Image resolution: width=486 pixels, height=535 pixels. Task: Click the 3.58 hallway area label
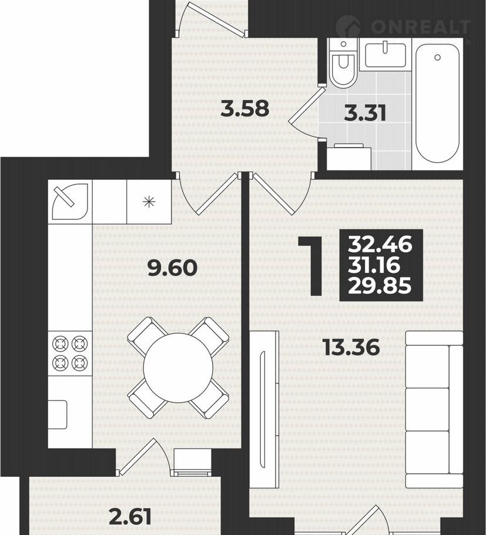245,109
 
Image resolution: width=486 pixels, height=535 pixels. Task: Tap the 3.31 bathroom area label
365,113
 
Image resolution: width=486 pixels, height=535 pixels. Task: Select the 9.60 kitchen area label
173,267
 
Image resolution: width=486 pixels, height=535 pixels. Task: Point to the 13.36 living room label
351,347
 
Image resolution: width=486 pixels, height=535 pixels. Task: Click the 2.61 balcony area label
130,517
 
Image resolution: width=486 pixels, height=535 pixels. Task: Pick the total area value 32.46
380,245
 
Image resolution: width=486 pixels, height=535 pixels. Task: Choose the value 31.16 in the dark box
374,265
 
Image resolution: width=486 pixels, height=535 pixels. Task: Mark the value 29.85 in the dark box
380,286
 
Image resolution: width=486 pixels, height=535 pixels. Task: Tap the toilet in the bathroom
343,63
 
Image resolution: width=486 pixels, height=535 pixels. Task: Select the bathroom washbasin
386,54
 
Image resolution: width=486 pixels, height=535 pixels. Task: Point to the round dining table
178,367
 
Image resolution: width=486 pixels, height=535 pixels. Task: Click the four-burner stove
70,353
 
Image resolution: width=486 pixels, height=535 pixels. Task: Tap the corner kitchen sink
70,202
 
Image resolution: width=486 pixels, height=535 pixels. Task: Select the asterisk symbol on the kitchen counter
149,202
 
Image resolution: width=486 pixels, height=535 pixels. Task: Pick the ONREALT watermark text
421,26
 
